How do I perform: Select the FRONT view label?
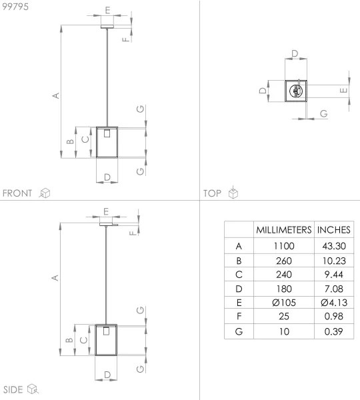tap(17, 193)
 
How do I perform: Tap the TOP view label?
tap(213, 193)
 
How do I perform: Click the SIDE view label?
tap(13, 389)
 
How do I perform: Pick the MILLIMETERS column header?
tap(284, 229)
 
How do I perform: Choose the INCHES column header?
tap(334, 229)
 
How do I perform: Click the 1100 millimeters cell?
tap(284, 246)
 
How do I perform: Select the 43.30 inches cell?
tap(334, 246)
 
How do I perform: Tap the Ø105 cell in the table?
tap(284, 302)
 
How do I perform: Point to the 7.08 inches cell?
tap(334, 288)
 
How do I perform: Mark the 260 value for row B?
tap(284, 260)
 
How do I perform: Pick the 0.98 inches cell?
tap(334, 317)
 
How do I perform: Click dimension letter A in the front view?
tap(57, 95)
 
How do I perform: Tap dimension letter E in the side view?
tap(107, 211)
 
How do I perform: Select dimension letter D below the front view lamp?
tap(107, 177)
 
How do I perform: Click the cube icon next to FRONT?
tap(45, 193)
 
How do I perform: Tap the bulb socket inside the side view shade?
tap(107, 331)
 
